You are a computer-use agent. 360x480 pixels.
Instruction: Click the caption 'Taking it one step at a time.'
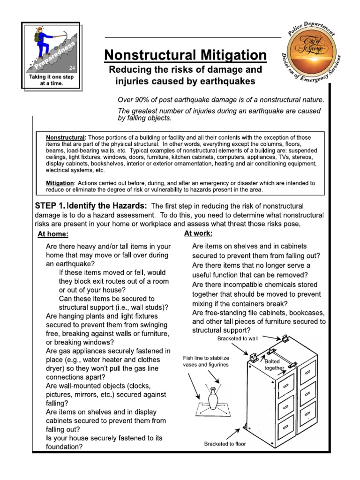click(x=52, y=80)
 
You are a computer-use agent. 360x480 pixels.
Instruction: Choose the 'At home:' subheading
click(x=53, y=234)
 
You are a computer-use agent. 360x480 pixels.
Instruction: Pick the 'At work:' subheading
click(x=198, y=233)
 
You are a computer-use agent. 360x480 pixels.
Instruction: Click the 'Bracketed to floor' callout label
click(x=225, y=443)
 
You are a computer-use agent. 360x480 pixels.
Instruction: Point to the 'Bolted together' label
click(x=274, y=365)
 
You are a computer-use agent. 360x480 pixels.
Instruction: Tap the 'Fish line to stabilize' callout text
click(x=206, y=358)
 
